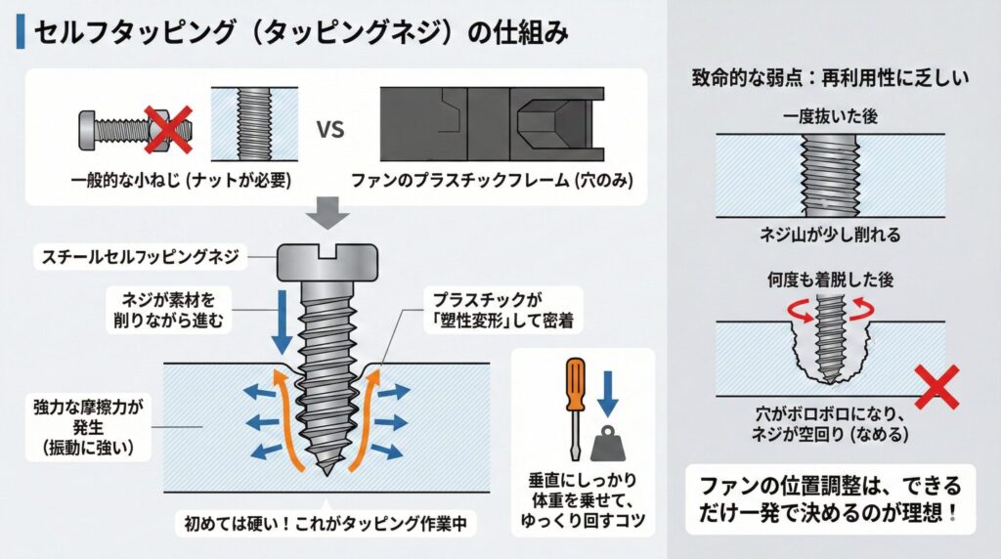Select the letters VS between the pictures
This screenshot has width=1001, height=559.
pos(329,129)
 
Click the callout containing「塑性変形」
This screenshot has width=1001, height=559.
pos(483,309)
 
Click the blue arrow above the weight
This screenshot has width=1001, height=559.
pos(610,392)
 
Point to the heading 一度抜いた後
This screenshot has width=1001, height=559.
pos(831,116)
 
